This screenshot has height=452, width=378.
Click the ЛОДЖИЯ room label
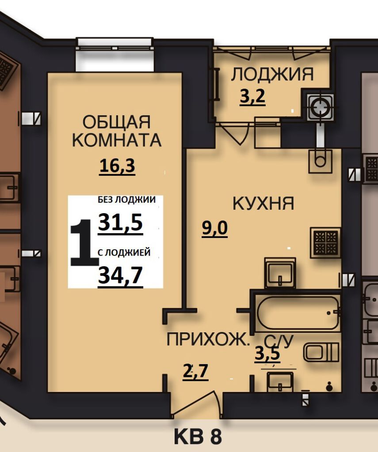click(x=272, y=74)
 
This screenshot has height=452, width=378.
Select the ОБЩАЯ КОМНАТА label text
click(x=116, y=131)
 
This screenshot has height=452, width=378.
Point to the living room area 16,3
click(x=117, y=166)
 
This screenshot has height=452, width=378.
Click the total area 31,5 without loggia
click(x=120, y=222)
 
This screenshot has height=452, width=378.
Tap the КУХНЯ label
click(x=263, y=203)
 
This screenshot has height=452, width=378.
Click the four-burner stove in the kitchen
click(x=325, y=242)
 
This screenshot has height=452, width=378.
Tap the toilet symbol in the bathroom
click(x=321, y=352)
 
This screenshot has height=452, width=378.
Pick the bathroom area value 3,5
click(x=267, y=354)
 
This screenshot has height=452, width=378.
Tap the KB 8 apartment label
click(x=197, y=437)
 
